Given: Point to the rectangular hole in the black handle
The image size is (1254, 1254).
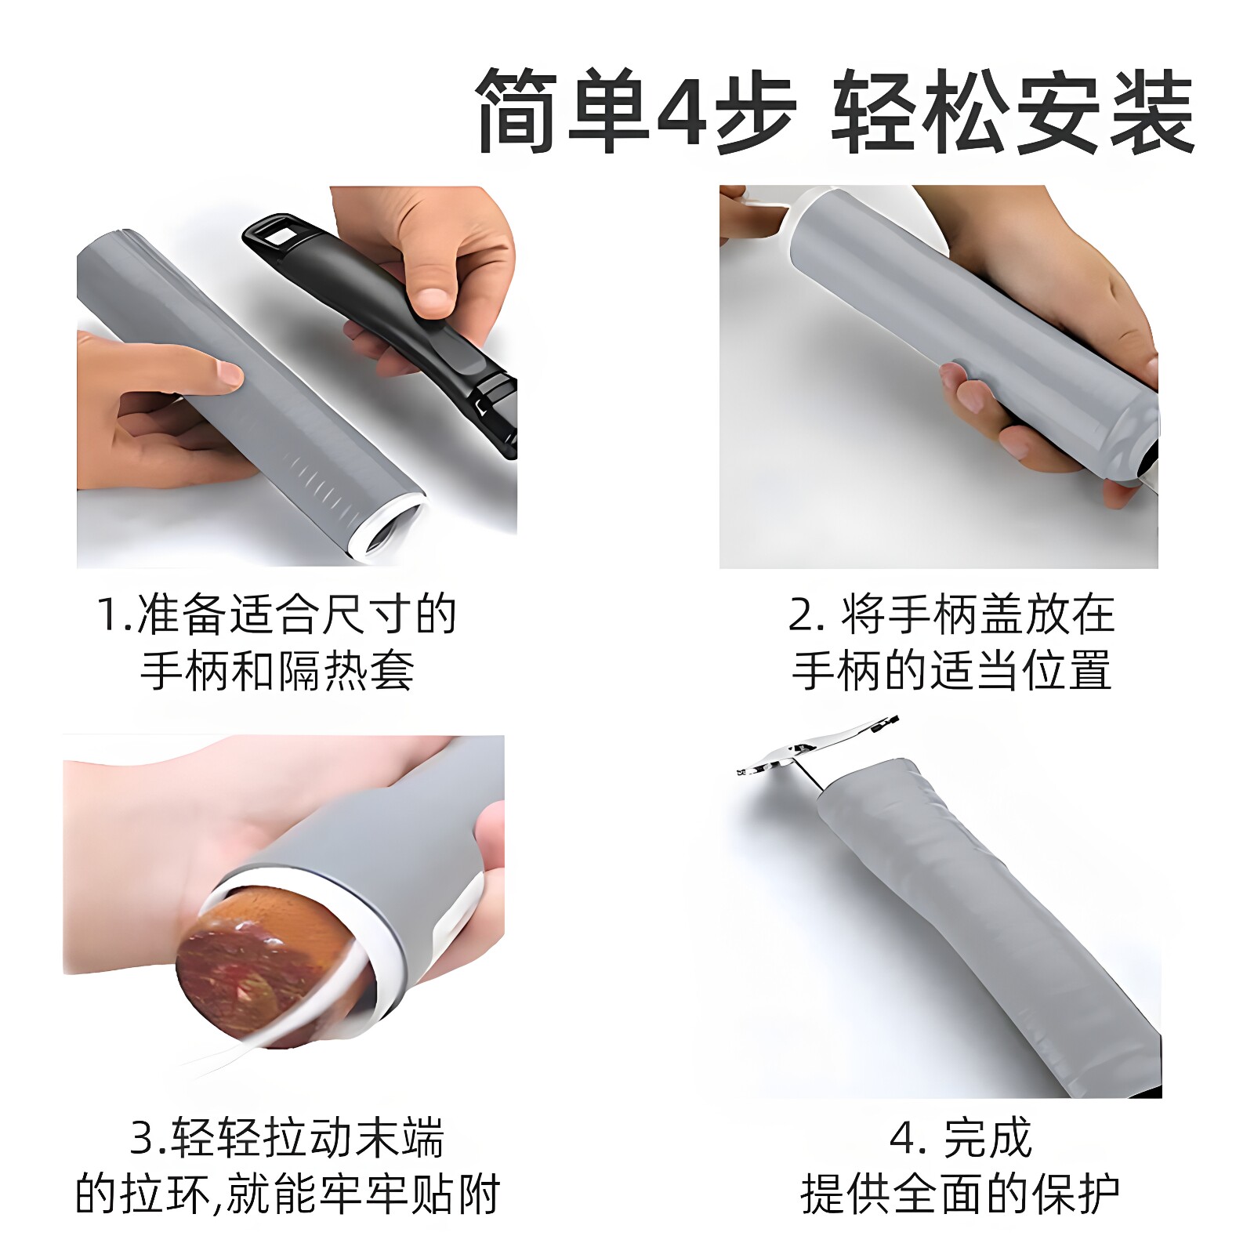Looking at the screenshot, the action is coord(277,230).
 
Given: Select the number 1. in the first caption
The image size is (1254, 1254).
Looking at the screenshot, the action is coord(114,614).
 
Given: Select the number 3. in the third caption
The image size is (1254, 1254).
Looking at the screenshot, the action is coord(149,1139).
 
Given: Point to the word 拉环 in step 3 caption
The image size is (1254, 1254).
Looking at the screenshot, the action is coord(165,1194).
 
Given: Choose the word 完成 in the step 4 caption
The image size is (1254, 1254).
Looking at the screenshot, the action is coord(988,1139).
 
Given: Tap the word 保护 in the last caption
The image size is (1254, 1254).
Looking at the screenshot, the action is coord(1075,1194).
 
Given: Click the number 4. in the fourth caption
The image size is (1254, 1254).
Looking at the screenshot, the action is coord(908,1139).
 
